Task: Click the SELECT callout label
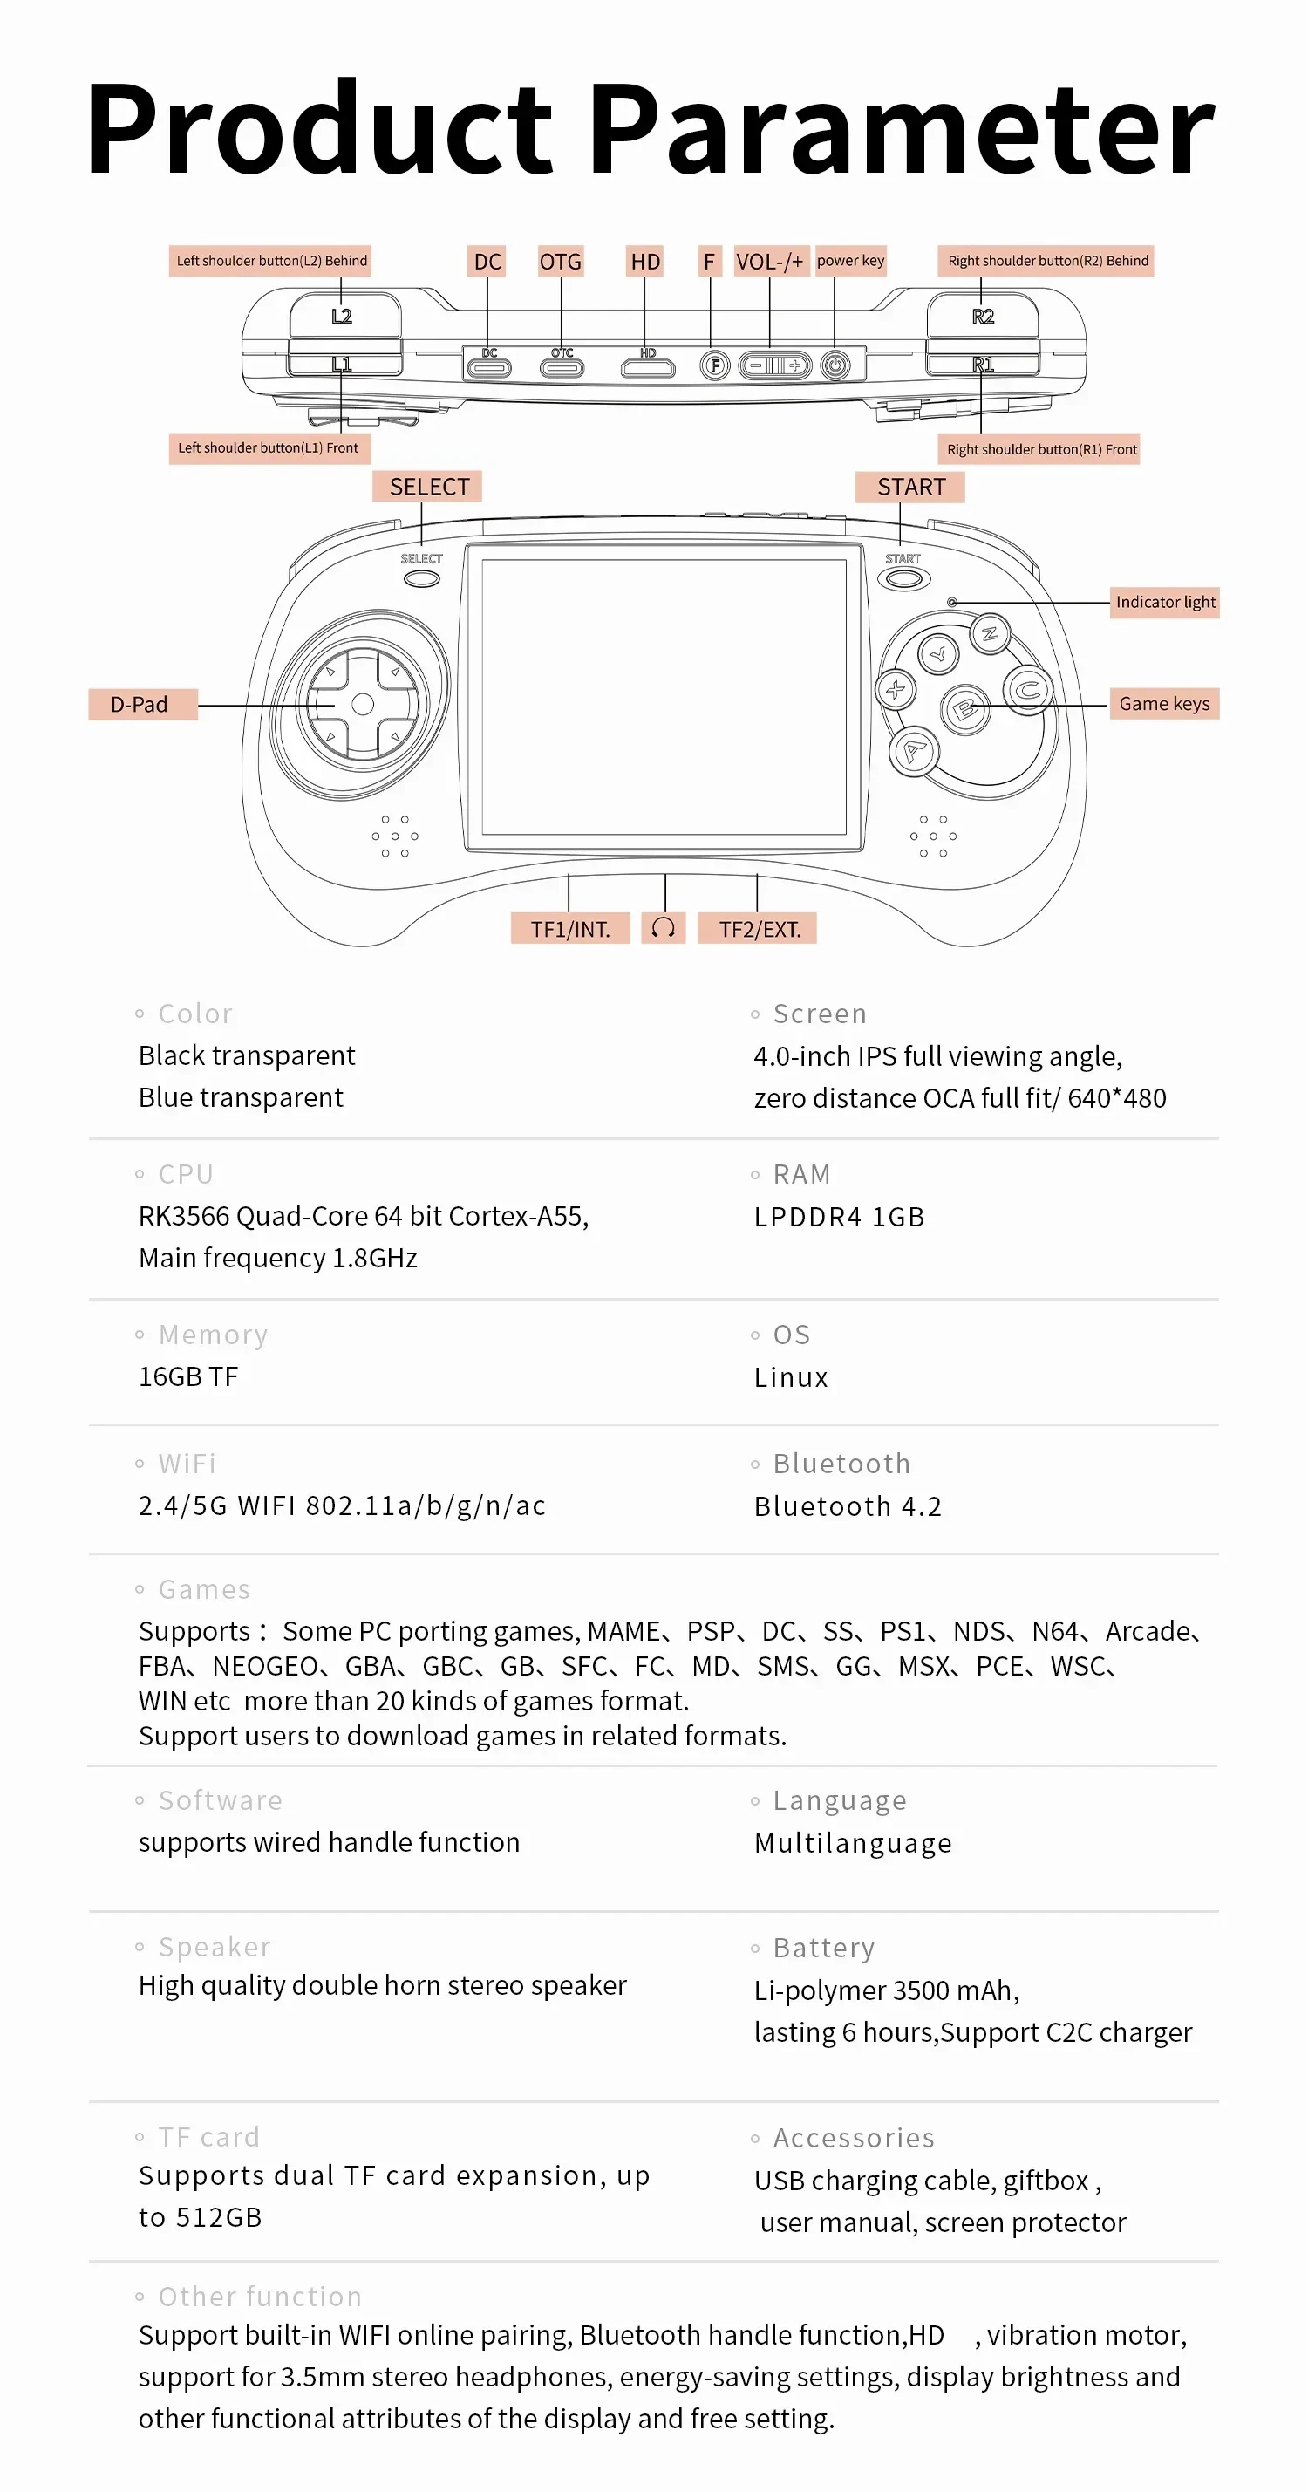tap(427, 487)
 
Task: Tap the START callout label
tap(909, 487)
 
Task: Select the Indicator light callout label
tap(1164, 602)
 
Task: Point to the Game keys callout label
tap(1164, 703)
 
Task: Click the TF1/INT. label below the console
tap(569, 929)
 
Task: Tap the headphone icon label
tap(663, 928)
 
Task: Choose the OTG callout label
tap(560, 261)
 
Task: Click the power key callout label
tap(850, 260)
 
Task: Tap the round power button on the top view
tap(835, 365)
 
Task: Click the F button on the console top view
tap(714, 365)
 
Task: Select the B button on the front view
tap(964, 710)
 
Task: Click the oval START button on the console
tap(903, 578)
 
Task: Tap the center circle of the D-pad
tap(363, 704)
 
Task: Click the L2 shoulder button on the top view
tap(344, 317)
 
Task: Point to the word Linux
tap(790, 1377)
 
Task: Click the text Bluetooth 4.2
tap(848, 1506)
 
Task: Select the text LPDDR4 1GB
tap(839, 1217)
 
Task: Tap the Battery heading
tap(823, 1948)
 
